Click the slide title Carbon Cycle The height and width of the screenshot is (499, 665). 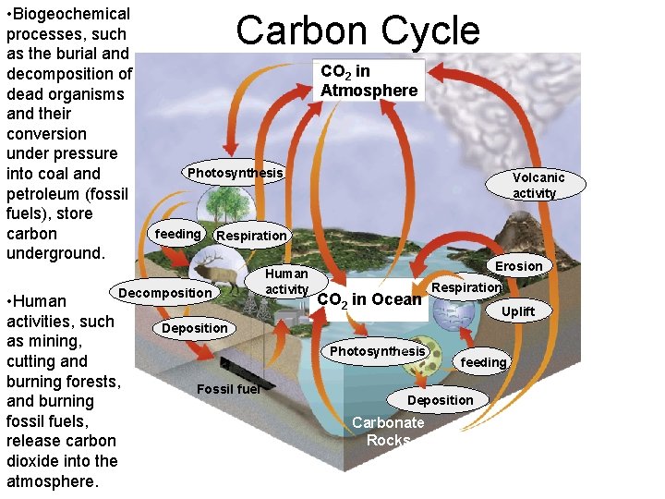pyautogui.click(x=357, y=30)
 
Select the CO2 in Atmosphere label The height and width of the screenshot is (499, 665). pyautogui.click(x=369, y=80)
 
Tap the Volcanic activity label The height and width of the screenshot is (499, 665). pyautogui.click(x=538, y=185)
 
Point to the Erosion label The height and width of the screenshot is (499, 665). pyautogui.click(x=518, y=266)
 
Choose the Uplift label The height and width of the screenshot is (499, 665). pyautogui.click(x=517, y=311)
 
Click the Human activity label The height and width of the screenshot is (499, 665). pyautogui.click(x=286, y=282)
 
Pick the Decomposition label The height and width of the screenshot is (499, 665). pyautogui.click(x=166, y=293)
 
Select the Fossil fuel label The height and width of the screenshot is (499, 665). pyautogui.click(x=228, y=388)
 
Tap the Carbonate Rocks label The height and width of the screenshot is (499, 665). pyautogui.click(x=388, y=432)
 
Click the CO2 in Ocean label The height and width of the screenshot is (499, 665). pyautogui.click(x=369, y=298)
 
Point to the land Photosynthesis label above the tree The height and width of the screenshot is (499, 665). pyautogui.click(x=235, y=173)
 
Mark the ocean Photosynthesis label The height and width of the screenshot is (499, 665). pyautogui.click(x=378, y=351)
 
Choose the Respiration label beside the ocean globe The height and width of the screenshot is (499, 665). pyautogui.click(x=466, y=287)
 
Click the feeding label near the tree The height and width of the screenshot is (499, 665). pyautogui.click(x=177, y=234)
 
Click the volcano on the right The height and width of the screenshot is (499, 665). pyautogui.click(x=545, y=231)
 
